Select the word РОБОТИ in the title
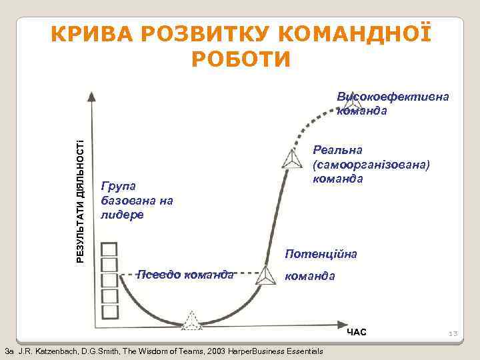pos(241,59)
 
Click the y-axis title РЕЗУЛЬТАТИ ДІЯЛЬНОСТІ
pos(81,201)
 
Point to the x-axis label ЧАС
pos(357,332)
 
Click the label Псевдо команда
pos(185,273)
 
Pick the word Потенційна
pos(321,254)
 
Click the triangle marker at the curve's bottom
pos(192,320)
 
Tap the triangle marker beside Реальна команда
pos(291,159)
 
